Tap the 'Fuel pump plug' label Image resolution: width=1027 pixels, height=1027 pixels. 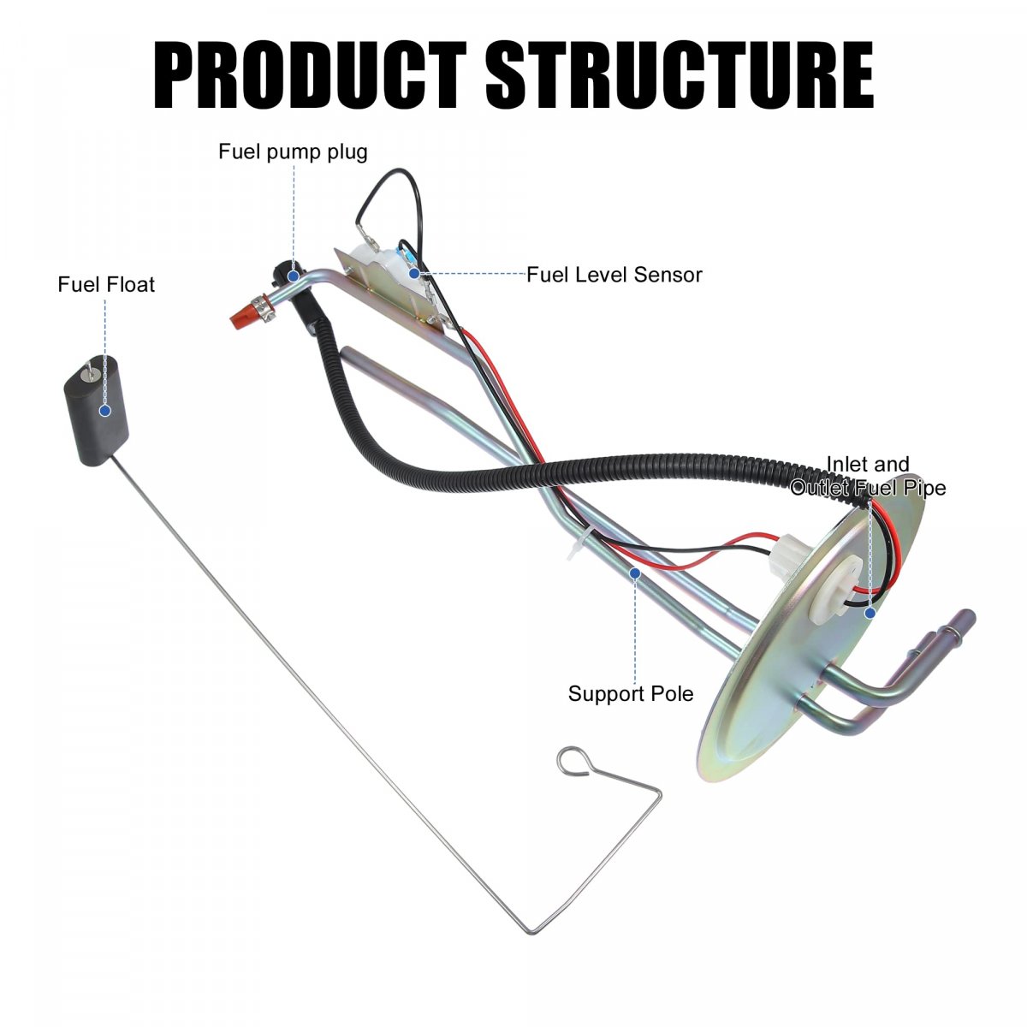click(x=293, y=152)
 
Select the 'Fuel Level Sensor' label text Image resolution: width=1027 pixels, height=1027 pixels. click(x=614, y=275)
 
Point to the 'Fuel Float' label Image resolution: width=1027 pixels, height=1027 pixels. click(x=106, y=284)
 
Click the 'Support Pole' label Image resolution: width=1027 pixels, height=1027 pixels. click(x=631, y=693)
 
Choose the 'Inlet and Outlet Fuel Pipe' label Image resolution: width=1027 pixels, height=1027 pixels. click(x=868, y=476)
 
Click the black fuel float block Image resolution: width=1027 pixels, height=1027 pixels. click(x=96, y=411)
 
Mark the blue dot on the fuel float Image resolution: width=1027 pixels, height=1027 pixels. click(x=105, y=411)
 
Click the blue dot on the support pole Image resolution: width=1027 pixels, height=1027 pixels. click(x=635, y=573)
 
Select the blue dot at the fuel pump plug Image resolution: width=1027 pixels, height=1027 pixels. click(x=294, y=276)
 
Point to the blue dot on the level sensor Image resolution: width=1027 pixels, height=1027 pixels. click(x=414, y=274)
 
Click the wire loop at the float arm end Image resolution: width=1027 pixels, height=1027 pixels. click(x=573, y=760)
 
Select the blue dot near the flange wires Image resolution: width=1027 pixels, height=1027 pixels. click(x=870, y=613)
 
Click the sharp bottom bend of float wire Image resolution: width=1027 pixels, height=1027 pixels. click(x=532, y=930)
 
